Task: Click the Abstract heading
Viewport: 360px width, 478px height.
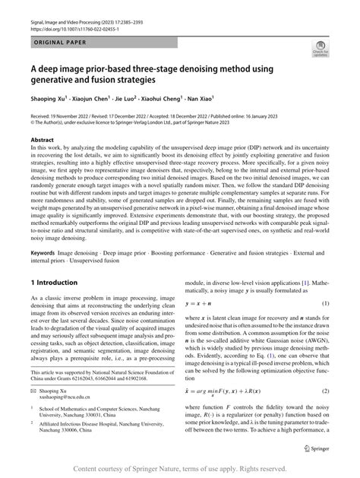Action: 41,140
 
